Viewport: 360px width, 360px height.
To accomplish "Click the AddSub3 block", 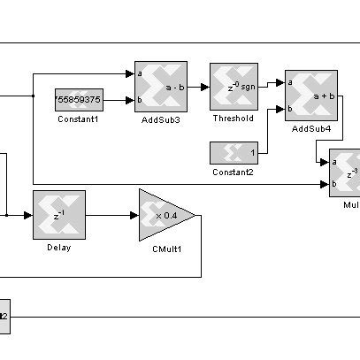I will pos(160,87).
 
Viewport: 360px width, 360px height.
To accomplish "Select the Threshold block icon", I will pos(234,87).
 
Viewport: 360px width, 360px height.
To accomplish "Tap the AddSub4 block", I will pos(310,96).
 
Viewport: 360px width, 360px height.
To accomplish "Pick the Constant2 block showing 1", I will pos(234,152).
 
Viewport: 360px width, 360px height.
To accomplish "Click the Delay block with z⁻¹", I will pos(58,214).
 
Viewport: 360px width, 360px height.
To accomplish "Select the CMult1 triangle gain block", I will pos(164,215).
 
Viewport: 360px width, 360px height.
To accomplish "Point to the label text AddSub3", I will pos(160,120).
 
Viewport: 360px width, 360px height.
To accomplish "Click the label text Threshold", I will pos(234,119).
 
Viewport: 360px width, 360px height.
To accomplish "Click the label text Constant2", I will pos(234,172).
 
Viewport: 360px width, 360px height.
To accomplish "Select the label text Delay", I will pos(58,247).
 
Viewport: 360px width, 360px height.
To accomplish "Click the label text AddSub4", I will pos(310,129).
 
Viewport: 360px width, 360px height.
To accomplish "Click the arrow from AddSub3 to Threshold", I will pos(199,87).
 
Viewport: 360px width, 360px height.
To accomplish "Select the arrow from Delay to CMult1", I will pos(111,214).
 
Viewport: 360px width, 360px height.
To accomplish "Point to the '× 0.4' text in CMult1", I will pos(166,215).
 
